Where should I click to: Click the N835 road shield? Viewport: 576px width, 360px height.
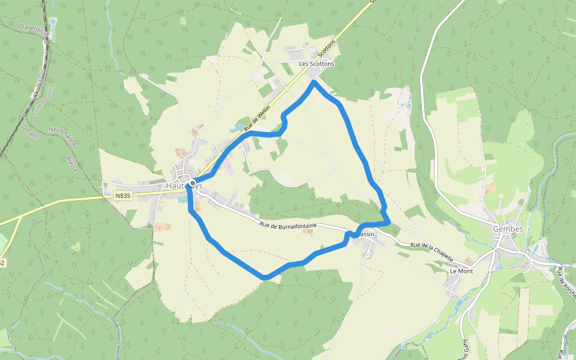coord(122,196)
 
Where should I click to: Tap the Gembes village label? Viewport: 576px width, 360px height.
coord(508,229)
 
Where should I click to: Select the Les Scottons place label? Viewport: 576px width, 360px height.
coord(316,64)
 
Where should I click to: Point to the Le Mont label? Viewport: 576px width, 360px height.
coord(461,271)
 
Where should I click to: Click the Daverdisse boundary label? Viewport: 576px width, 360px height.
coord(33,28)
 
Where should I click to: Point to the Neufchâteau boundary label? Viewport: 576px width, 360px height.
coord(64,139)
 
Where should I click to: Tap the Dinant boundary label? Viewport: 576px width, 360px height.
coord(31,131)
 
